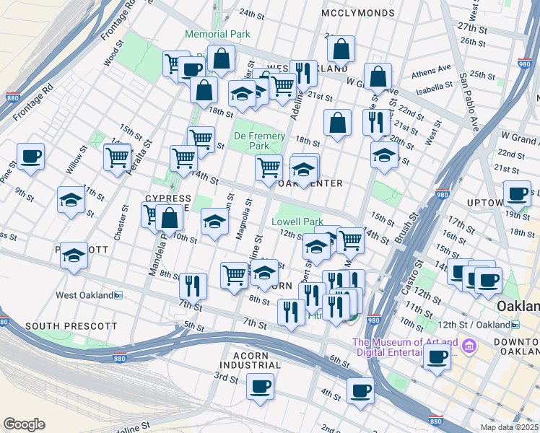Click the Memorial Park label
click(217, 34)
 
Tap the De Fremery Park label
click(259, 141)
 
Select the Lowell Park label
click(297, 222)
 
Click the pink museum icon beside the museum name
click(469, 347)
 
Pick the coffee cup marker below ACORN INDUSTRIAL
click(260, 386)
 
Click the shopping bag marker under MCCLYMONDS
click(341, 49)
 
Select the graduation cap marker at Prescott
click(74, 255)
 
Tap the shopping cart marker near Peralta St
click(117, 156)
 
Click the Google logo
click(24, 424)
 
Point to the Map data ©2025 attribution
click(509, 427)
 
